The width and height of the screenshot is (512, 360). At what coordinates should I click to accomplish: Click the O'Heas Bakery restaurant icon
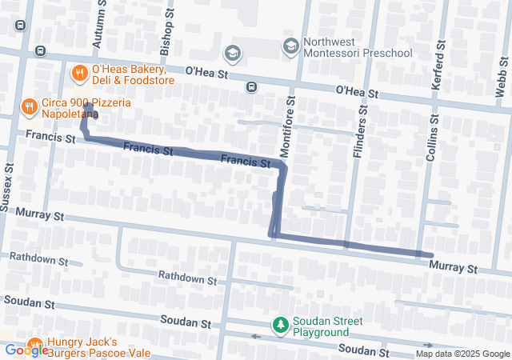point(79,74)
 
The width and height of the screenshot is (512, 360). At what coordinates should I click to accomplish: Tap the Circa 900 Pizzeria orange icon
point(29,105)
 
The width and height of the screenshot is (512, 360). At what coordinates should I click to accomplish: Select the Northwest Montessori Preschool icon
point(290,47)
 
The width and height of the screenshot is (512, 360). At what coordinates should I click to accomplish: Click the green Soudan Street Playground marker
point(280,325)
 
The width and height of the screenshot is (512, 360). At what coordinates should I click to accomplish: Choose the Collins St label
point(433,138)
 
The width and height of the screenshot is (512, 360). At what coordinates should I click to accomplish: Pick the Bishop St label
point(166,33)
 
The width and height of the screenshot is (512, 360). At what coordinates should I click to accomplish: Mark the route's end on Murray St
point(430,255)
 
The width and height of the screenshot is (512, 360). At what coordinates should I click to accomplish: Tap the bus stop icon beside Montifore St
point(251,86)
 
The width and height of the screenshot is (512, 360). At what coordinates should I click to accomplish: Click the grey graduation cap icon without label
point(232,53)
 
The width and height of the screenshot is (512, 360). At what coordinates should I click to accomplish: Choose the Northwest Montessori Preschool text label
point(358,47)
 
